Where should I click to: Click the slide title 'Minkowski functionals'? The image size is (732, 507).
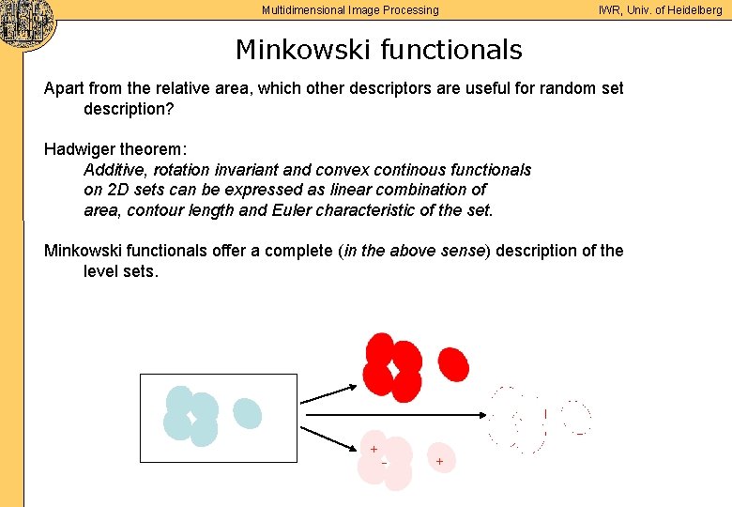[x=378, y=49]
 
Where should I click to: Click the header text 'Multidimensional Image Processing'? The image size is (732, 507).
[x=350, y=10]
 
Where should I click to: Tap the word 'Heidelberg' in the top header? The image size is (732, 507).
[x=690, y=10]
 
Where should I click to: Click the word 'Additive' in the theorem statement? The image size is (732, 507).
[x=114, y=170]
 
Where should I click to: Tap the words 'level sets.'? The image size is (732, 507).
[x=121, y=271]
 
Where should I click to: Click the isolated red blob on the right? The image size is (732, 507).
[x=453, y=364]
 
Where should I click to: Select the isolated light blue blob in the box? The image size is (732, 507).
[x=247, y=412]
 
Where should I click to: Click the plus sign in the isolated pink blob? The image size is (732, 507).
[x=439, y=461]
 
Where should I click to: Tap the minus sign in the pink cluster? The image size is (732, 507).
[x=384, y=462]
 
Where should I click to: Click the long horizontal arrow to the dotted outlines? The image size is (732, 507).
[x=394, y=414]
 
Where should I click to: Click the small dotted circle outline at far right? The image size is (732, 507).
[x=577, y=418]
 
